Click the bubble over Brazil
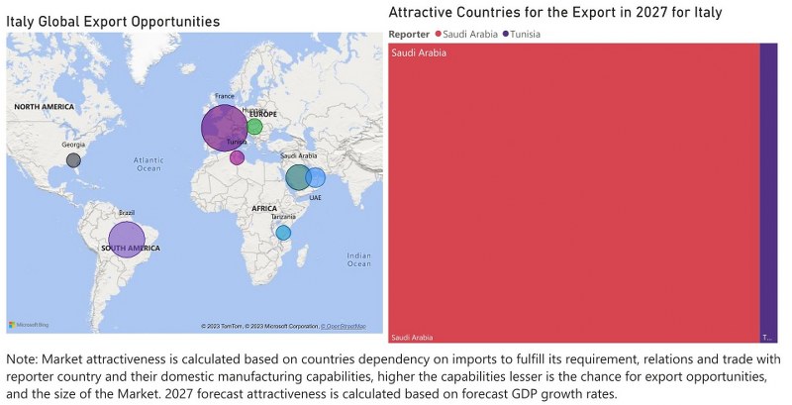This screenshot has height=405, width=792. tap(126, 239)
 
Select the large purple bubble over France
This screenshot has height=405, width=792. tap(225, 128)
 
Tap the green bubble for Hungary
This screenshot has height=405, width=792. tap(254, 126)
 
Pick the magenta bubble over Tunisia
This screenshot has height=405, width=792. tap(237, 157)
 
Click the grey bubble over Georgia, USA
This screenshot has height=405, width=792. tap(73, 159)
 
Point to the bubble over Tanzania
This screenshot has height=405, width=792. tap(283, 233)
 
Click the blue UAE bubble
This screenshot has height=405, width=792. tap(316, 178)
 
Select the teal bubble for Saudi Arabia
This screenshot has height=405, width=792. tap(297, 178)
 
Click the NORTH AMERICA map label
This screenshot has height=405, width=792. tap(46, 106)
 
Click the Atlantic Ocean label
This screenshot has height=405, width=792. tap(148, 163)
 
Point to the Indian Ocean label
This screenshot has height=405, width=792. tap(358, 259)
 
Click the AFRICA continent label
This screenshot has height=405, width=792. tap(264, 209)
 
